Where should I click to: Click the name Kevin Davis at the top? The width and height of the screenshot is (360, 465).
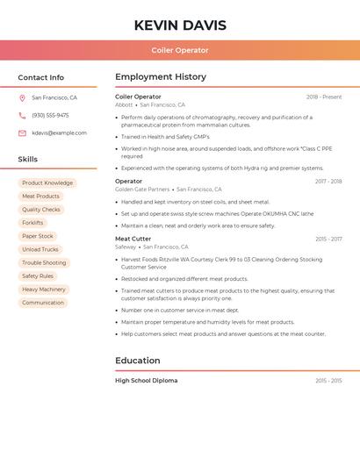(x=179, y=25)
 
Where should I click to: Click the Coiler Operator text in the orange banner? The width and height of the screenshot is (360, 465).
(x=179, y=50)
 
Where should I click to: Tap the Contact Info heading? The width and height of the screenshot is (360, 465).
(x=40, y=77)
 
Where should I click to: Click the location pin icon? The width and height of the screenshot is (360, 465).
(x=22, y=97)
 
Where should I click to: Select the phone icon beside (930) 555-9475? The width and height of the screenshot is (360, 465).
(x=22, y=115)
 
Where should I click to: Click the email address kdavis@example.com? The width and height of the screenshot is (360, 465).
(x=59, y=132)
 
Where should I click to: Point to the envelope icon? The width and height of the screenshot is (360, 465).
(x=22, y=132)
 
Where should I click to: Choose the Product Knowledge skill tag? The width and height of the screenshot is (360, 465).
(x=47, y=183)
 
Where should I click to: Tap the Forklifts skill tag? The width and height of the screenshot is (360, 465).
(x=32, y=223)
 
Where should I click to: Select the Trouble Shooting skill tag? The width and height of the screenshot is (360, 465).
(x=44, y=262)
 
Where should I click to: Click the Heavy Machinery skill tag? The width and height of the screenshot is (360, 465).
(x=44, y=289)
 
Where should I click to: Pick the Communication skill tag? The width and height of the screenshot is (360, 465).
(x=43, y=303)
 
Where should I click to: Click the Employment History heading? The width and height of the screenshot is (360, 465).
(x=160, y=77)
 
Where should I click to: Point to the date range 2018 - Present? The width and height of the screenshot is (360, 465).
(x=324, y=97)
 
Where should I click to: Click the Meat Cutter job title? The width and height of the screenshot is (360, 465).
(x=133, y=239)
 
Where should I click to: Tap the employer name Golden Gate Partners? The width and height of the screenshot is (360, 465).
(x=142, y=189)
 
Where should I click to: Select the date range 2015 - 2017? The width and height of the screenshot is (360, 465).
(x=328, y=239)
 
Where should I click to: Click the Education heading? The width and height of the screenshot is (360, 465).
(x=137, y=361)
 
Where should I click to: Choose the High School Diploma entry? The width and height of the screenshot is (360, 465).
(x=146, y=381)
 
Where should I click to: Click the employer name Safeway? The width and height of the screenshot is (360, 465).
(x=126, y=247)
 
